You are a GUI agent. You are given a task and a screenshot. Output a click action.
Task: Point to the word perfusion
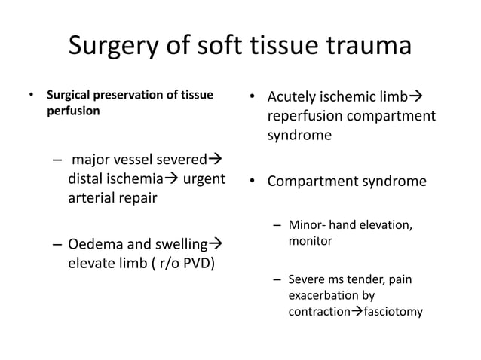tap(71, 109)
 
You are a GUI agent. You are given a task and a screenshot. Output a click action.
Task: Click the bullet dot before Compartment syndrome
tap(253, 182)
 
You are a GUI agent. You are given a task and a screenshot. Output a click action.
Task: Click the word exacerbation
tap(323, 295)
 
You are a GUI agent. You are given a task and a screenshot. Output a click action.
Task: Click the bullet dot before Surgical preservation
tap(31, 96)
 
